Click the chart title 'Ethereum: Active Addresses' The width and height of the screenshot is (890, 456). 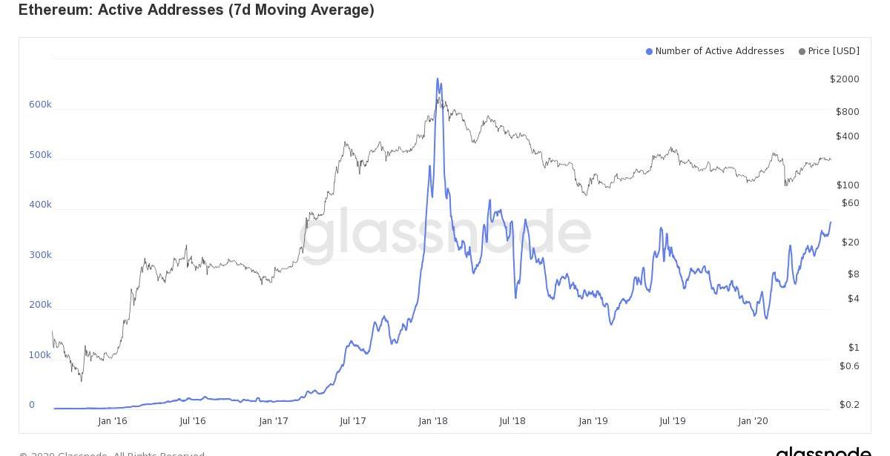coord(196,10)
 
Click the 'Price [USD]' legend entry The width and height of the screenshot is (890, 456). coord(834,51)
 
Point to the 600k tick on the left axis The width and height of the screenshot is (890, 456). coord(40,105)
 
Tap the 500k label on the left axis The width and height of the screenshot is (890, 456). coord(40,155)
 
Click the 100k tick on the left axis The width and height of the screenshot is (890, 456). coord(40,355)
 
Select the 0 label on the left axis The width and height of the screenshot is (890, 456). coord(32,405)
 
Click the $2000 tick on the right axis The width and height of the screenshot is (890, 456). coord(845,79)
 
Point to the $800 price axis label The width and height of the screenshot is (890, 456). coord(848,112)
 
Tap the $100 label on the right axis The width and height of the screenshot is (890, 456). coord(848,185)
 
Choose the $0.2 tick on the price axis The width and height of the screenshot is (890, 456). coord(849,405)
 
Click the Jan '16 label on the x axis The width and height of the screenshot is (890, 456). coord(112,421)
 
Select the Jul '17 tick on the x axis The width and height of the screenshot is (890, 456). coord(353,421)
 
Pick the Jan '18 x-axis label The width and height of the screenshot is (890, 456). coord(433,421)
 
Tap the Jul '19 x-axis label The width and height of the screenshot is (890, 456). coord(673,421)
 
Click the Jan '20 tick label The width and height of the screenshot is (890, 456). coord(753,421)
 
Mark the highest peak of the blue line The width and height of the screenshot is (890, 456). coord(438,79)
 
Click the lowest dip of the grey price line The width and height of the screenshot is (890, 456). coord(81,381)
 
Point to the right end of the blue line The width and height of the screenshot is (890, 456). coord(831,222)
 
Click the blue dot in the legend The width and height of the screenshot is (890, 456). coord(649,52)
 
